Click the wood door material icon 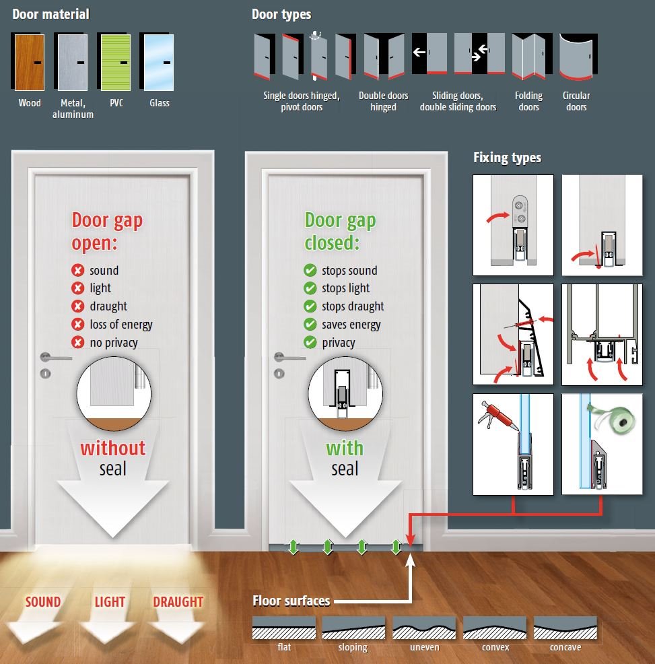pyautogui.click(x=28, y=62)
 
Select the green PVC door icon pyautogui.click(x=114, y=62)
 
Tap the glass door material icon pyautogui.click(x=157, y=62)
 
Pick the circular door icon pyautogui.click(x=578, y=57)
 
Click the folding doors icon pyautogui.click(x=531, y=57)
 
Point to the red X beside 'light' pyautogui.click(x=78, y=288)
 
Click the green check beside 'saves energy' pyautogui.click(x=310, y=325)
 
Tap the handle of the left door pyautogui.click(x=55, y=358)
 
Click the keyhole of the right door pyautogui.click(x=279, y=374)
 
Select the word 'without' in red pyautogui.click(x=113, y=448)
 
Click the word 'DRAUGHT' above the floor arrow pyautogui.click(x=178, y=602)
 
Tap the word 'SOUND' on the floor pyautogui.click(x=43, y=602)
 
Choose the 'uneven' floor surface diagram pyautogui.click(x=424, y=628)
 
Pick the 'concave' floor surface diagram pyautogui.click(x=565, y=628)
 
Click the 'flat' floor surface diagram pyautogui.click(x=283, y=628)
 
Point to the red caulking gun pyautogui.click(x=498, y=416)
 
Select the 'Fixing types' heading pyautogui.click(x=507, y=158)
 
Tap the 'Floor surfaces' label pyautogui.click(x=291, y=601)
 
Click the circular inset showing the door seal pyautogui.click(x=345, y=393)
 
